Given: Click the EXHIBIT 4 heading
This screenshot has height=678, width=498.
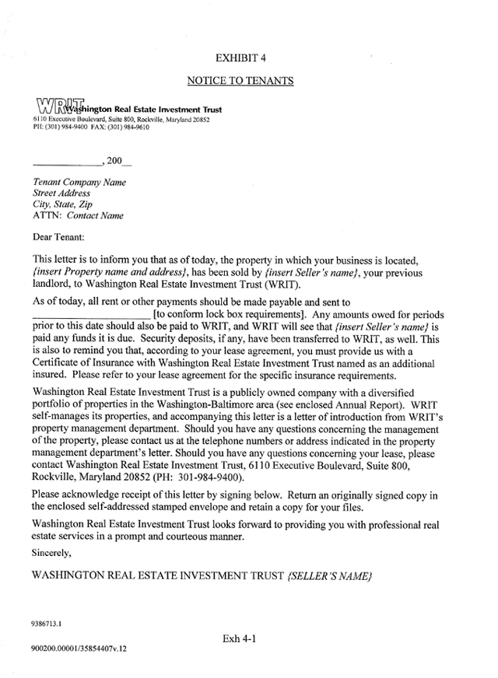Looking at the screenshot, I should [240, 58].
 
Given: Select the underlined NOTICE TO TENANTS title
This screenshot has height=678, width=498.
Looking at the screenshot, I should [240, 80].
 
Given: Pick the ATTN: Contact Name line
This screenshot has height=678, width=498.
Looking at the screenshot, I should [78, 215].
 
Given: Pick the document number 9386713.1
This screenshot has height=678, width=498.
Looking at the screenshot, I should [47, 623].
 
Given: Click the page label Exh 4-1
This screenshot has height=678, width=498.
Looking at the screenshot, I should [239, 639].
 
